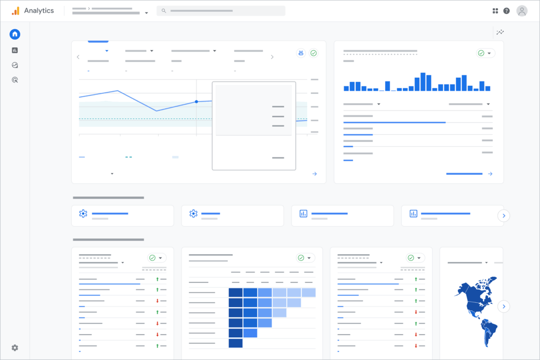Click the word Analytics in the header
[x=39, y=11]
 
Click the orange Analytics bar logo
[x=16, y=11]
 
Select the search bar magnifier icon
[x=164, y=11]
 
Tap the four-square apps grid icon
[x=495, y=11]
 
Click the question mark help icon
[x=507, y=11]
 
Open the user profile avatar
[x=522, y=11]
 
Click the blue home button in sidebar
[x=15, y=35]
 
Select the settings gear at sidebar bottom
[x=15, y=348]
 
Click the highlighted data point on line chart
[x=196, y=101]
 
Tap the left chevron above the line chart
[x=78, y=57]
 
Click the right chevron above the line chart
[x=272, y=57]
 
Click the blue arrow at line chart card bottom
[x=314, y=174]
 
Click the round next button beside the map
[x=504, y=307]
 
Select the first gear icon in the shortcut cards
[x=83, y=214]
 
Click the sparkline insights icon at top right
[x=500, y=32]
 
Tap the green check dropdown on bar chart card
[x=485, y=53]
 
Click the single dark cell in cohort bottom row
[x=235, y=343]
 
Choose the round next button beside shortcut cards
[x=504, y=216]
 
